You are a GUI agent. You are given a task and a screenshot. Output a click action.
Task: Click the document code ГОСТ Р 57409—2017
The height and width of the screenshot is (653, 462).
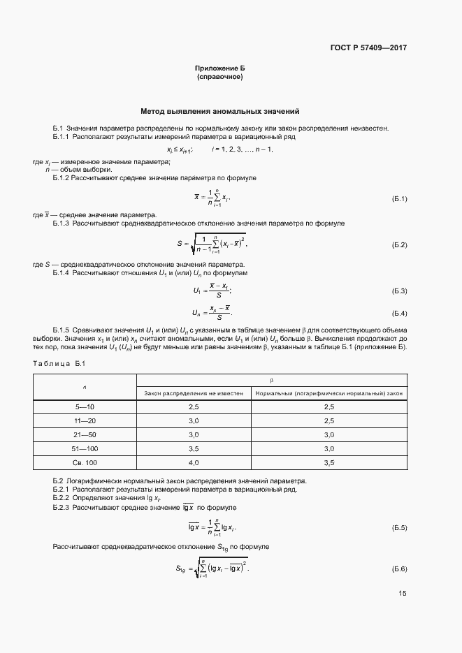click(x=368, y=48)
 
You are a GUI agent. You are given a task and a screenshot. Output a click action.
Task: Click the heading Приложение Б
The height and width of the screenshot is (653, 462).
click(x=219, y=68)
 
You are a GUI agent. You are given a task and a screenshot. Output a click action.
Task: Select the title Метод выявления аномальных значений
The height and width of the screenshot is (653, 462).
click(x=219, y=110)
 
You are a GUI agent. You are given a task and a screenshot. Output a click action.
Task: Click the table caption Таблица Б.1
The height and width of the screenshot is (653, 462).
click(x=59, y=363)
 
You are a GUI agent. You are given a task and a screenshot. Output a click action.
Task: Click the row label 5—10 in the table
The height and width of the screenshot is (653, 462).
click(x=85, y=406)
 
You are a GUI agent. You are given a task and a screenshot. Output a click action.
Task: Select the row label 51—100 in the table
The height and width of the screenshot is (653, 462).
click(x=85, y=448)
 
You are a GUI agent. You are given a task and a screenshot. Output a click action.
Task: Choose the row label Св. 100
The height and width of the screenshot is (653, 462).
click(x=85, y=462)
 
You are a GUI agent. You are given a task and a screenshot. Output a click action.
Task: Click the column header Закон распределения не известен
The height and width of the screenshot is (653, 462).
click(x=194, y=393)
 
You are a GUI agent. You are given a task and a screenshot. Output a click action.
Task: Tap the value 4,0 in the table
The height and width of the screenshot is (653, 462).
click(x=194, y=462)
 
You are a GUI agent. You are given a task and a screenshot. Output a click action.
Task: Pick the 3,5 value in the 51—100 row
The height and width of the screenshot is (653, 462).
click(x=194, y=448)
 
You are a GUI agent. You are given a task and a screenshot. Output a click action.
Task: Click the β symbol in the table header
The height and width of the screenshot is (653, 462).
click(x=271, y=380)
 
